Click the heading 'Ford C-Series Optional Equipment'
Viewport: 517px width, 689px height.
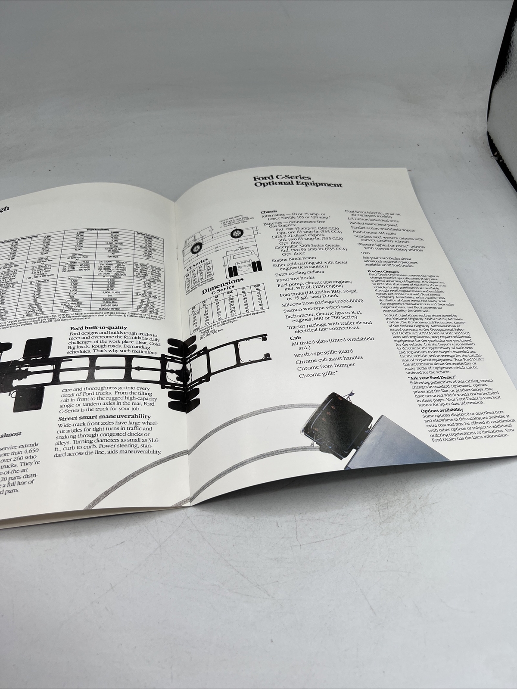[298, 181]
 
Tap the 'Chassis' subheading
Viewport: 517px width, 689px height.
[269, 212]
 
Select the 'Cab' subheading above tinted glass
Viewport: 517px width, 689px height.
[294, 338]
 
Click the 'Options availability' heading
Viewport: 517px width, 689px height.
[442, 410]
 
